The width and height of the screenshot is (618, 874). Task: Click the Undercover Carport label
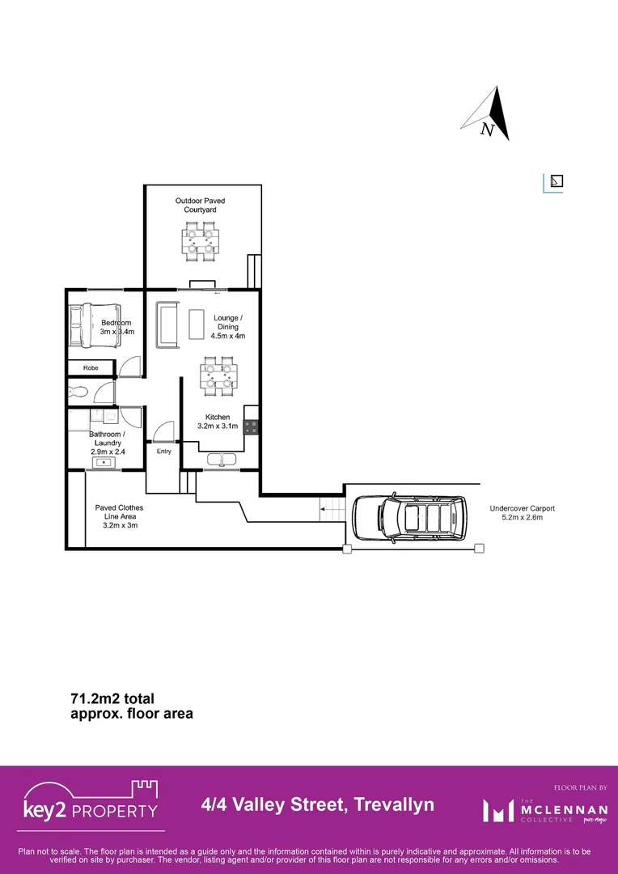coord(522,512)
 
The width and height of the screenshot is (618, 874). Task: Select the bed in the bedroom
coord(95,325)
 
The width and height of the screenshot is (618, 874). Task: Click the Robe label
coord(90,368)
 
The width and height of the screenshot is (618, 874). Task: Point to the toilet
coord(78,393)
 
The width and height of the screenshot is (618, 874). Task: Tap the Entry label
coord(164,451)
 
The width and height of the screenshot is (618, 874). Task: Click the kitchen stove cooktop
coord(251,426)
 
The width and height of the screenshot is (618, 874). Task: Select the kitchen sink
coord(219,460)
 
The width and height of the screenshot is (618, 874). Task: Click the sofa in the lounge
coord(167,325)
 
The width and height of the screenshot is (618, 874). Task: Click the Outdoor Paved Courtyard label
coord(200,205)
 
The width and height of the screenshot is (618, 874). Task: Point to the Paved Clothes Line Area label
coord(119,516)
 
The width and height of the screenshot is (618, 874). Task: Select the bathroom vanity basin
coord(105,462)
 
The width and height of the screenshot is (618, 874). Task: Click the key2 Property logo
coord(91,805)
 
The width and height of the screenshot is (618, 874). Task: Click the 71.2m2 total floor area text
coord(131,706)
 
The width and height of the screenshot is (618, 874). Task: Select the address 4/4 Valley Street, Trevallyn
coord(317,804)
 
